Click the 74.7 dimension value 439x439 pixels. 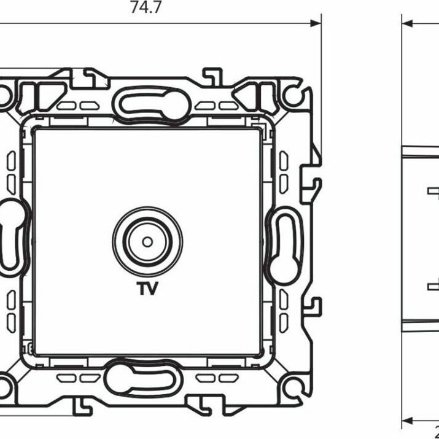pos(146,8)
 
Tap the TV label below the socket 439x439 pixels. pos(147,288)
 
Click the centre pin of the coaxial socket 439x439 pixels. pos(147,240)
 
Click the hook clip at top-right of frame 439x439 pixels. pos(212,76)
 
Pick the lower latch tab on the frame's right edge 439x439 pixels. pos(315,305)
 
